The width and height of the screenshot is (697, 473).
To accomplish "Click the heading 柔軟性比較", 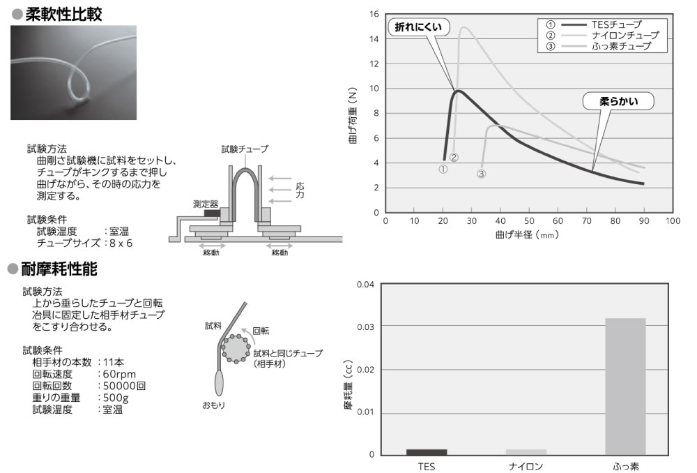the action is click(63, 14).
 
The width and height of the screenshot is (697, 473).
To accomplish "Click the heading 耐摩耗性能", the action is click(59, 269).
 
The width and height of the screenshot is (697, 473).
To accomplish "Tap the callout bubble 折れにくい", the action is click(418, 27).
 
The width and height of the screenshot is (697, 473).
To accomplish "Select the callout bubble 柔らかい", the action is click(618, 101).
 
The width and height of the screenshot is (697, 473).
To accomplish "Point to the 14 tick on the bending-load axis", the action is click(374, 39).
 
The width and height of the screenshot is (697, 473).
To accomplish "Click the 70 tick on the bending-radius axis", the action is click(587, 221).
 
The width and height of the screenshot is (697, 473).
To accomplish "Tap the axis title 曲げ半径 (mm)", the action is click(527, 234).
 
